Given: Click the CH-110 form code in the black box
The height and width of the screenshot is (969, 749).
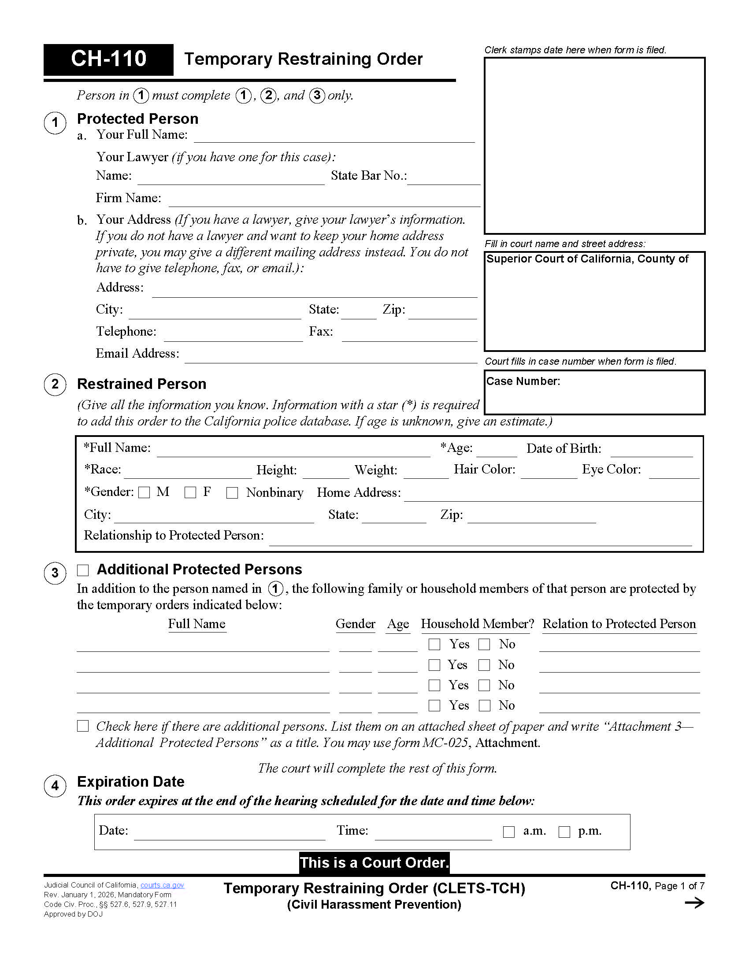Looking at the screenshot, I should click(108, 59).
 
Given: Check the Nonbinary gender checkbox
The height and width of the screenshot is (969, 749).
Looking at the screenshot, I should click(232, 493).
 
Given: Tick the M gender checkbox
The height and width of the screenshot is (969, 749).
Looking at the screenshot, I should click(144, 492).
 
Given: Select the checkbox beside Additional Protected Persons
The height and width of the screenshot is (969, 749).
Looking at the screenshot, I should click(83, 570).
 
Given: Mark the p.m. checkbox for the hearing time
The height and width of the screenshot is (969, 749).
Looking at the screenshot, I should click(564, 832).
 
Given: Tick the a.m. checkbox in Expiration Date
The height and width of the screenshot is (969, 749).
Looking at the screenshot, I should click(508, 832).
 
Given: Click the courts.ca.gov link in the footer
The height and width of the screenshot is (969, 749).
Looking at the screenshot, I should click(162, 885).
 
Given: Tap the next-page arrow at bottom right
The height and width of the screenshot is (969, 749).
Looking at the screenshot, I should click(694, 903).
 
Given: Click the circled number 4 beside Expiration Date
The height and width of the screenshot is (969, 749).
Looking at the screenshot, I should click(55, 786).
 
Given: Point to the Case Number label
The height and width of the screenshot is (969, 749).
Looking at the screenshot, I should click(523, 381).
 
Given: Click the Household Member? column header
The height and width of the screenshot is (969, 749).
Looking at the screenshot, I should click(478, 624).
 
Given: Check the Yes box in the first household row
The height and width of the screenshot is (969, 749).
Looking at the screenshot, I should click(434, 644).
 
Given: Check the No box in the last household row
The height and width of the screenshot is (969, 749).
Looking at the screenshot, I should click(484, 706).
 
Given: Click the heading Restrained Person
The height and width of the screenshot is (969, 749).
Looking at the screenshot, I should click(141, 384).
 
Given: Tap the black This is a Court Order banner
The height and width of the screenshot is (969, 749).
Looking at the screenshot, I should click(374, 862).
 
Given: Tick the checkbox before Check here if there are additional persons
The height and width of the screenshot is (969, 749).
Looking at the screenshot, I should click(83, 726).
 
